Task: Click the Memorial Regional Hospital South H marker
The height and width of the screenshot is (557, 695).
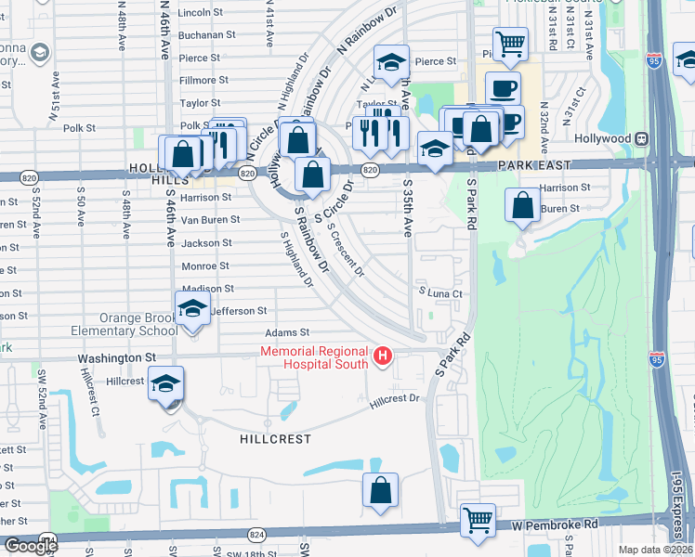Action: pos(381,356)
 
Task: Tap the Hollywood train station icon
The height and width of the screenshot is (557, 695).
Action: pos(641,138)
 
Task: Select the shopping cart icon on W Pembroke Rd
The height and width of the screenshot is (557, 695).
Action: pos(478,519)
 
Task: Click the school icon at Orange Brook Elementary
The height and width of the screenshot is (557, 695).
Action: pos(192,307)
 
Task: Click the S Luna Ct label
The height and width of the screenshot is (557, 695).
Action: pos(439,293)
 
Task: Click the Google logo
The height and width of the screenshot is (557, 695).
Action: pos(32,546)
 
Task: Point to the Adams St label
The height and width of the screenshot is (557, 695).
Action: pos(286,332)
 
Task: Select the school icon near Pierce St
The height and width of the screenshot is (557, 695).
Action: pos(392,64)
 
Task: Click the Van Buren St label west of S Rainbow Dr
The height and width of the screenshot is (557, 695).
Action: pos(210,220)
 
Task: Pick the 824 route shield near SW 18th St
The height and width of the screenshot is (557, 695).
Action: pos(257,536)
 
